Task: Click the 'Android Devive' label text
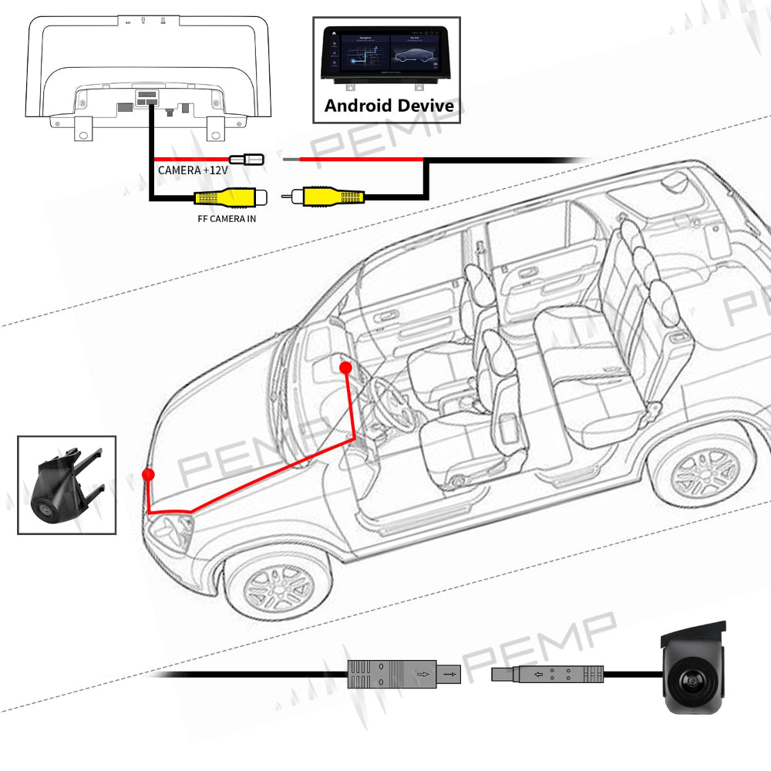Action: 389,106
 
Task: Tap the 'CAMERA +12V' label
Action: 189,170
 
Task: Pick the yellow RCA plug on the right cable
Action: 331,197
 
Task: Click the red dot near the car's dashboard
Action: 345,369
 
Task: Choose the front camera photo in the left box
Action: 66,485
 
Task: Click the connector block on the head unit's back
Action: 146,97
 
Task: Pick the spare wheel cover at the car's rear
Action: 677,183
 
